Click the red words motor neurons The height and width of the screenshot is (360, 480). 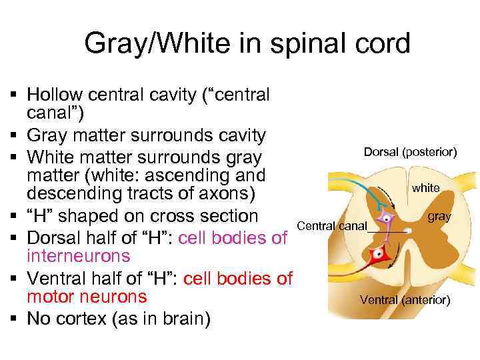tap(87, 297)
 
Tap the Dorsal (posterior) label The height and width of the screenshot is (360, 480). tap(410, 152)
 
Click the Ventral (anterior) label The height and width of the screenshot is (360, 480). tap(405, 300)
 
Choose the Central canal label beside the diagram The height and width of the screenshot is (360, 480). tap(332, 226)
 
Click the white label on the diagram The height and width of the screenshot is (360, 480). tap(425, 188)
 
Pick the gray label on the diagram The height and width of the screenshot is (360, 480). tap(439, 217)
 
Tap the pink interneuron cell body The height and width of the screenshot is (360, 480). tap(385, 218)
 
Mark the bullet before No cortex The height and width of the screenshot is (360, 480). tap(15, 319)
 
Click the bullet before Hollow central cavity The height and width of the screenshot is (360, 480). tap(15, 95)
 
